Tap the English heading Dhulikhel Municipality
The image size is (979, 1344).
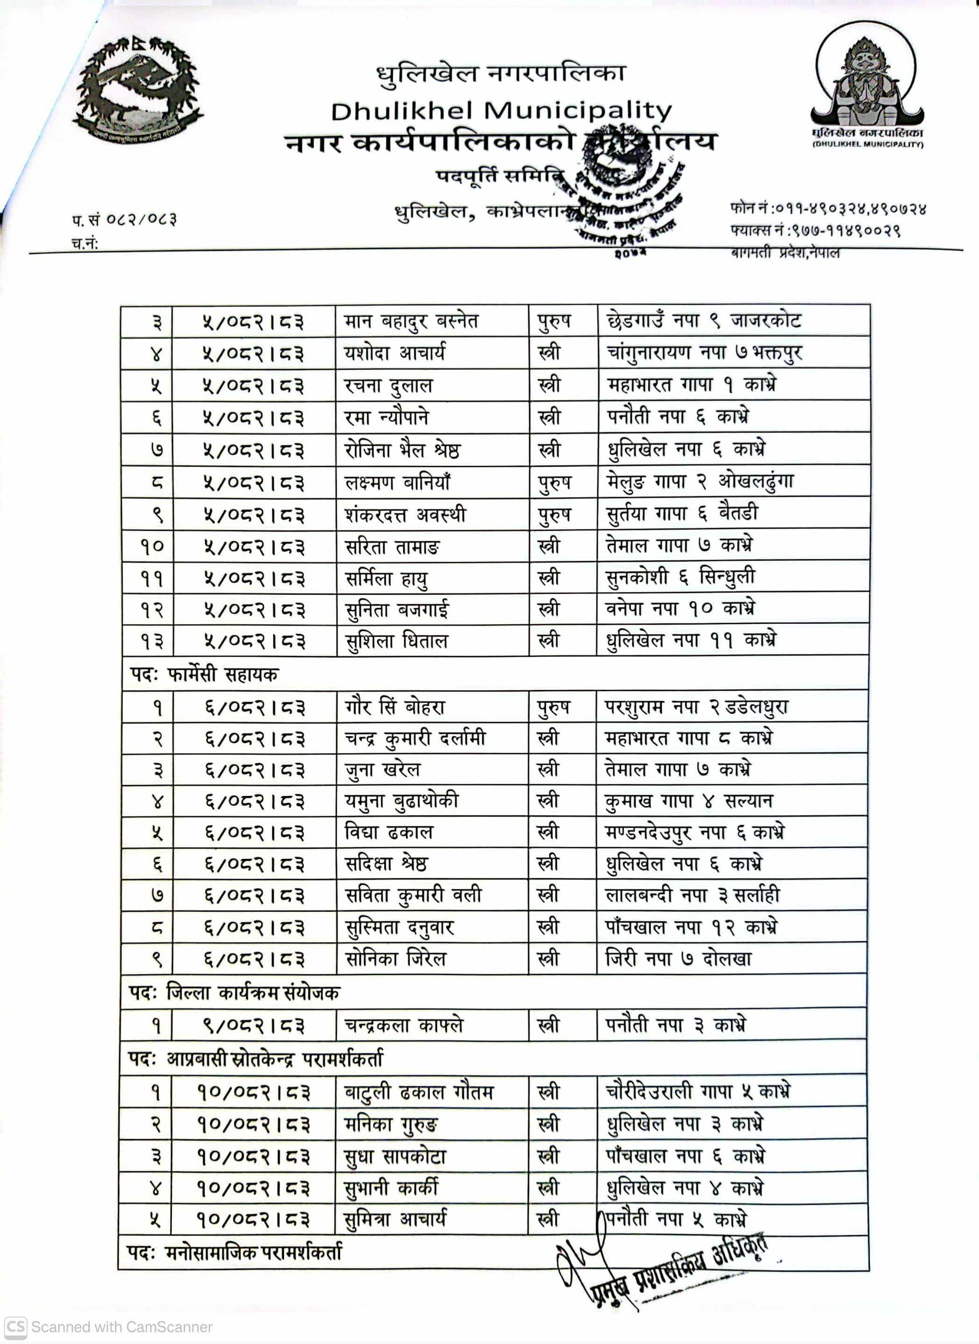(501, 111)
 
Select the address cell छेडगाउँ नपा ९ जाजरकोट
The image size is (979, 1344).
(704, 321)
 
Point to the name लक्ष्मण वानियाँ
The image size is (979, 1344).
(397, 482)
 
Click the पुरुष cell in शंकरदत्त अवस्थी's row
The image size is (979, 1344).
(554, 514)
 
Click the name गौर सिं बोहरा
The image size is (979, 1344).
(394, 706)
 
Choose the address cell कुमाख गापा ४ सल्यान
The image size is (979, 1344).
(688, 801)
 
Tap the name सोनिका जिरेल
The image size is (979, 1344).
(395, 959)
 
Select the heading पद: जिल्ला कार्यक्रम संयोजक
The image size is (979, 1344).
(234, 992)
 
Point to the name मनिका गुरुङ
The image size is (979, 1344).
(391, 1124)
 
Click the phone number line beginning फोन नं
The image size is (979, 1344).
(828, 209)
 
